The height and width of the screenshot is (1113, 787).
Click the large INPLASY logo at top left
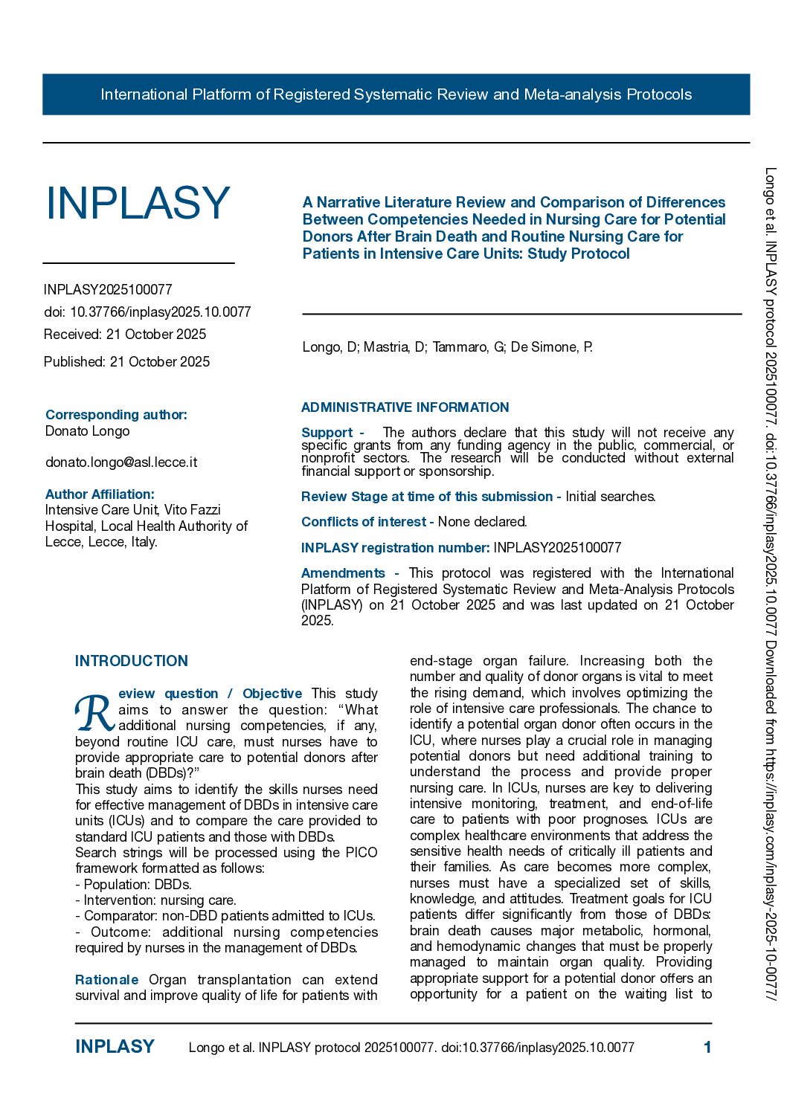[138, 203]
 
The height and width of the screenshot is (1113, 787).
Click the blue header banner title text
[396, 94]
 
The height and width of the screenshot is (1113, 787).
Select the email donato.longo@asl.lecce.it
[121, 462]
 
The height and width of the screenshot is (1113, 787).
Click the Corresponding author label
[116, 415]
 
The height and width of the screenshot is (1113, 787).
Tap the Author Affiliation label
[100, 494]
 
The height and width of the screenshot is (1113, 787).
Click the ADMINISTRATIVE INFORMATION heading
[405, 407]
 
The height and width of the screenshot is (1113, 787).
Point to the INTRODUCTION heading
[132, 661]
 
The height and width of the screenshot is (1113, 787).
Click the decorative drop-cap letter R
[94, 714]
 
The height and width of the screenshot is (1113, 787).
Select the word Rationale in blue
[106, 980]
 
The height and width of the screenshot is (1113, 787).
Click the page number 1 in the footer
[707, 1048]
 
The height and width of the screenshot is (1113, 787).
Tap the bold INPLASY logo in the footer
[115, 1047]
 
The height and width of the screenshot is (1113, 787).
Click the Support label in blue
[327, 433]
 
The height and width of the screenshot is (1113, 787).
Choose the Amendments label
[343, 573]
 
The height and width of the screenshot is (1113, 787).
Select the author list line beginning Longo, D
[447, 347]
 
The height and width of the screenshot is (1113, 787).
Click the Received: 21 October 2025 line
[125, 335]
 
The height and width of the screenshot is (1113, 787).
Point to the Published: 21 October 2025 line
[126, 362]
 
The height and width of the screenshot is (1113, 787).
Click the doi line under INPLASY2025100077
[147, 312]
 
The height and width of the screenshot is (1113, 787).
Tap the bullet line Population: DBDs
[133, 885]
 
